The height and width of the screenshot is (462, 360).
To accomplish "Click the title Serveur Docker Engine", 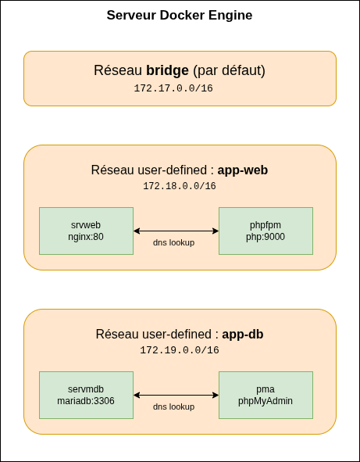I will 180,16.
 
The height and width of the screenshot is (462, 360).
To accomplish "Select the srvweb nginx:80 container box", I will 86,231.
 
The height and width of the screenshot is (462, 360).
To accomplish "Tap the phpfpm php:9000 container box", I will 266,231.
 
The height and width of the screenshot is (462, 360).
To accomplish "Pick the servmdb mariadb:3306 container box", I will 86,395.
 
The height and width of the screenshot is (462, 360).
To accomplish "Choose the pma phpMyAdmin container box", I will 266,395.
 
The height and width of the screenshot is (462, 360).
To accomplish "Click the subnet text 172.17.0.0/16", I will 173,88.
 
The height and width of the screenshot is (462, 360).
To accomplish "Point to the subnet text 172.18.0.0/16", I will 180,186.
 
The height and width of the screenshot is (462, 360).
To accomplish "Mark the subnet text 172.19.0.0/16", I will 180,350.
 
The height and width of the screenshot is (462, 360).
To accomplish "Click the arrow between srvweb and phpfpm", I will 176,231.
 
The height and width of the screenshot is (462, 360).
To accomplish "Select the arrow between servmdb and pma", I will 176,395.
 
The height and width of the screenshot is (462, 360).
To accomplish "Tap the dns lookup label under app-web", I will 173,242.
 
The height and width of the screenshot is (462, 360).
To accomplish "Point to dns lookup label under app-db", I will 173,406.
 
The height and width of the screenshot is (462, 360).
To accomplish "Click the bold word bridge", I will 167,70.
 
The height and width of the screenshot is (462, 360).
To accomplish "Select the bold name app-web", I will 243,170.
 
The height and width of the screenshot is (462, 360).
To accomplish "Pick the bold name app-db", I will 243,334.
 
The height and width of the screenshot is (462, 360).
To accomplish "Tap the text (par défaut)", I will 230,70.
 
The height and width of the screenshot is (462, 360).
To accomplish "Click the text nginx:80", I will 86,237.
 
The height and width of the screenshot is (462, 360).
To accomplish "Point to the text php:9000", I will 266,237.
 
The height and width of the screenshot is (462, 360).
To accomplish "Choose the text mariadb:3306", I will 86,401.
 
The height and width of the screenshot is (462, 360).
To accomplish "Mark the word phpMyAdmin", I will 266,401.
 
